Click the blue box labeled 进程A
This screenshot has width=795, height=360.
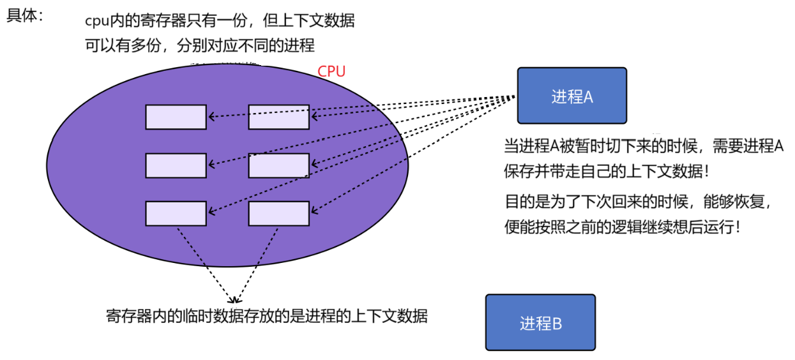click(572, 96)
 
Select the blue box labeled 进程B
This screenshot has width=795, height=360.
click(540, 322)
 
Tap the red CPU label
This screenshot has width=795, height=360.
click(331, 71)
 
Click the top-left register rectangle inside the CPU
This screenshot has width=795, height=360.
click(176, 117)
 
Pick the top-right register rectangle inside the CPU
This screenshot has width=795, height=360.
click(278, 117)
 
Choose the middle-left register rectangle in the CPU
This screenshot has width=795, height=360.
click(176, 165)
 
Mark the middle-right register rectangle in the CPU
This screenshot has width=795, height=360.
click(278, 165)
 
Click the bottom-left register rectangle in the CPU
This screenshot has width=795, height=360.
click(176, 213)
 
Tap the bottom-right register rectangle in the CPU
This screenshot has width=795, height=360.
click(278, 213)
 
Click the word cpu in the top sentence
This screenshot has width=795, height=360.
click(96, 21)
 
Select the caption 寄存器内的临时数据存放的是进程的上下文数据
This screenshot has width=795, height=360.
click(266, 316)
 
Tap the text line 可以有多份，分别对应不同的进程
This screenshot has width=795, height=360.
click(200, 46)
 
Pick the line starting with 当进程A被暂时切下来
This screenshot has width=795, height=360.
click(644, 146)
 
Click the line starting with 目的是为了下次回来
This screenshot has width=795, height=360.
click(640, 202)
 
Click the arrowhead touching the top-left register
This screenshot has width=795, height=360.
click(212, 117)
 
